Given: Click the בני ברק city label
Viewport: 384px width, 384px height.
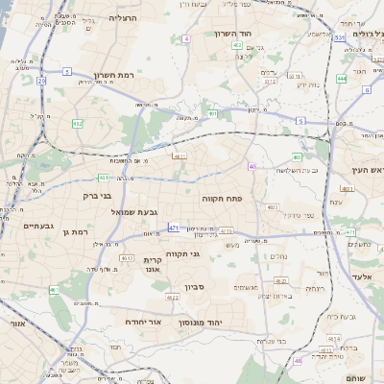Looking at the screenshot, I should pos(97,195).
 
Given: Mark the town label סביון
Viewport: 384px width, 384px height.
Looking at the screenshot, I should pos(197,287).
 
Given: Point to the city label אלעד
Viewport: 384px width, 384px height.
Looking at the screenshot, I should pos(361,276).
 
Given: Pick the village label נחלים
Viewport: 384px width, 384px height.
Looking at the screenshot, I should pos(279,254).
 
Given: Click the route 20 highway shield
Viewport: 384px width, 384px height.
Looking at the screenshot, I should pos(42,82).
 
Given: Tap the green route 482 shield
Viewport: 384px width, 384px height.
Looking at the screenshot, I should pos(77,123).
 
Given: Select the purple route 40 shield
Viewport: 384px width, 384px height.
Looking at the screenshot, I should pos(252,167).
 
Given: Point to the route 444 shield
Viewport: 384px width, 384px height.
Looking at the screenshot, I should pos(343,80).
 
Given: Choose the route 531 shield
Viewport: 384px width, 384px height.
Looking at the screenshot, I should pos(340,37).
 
